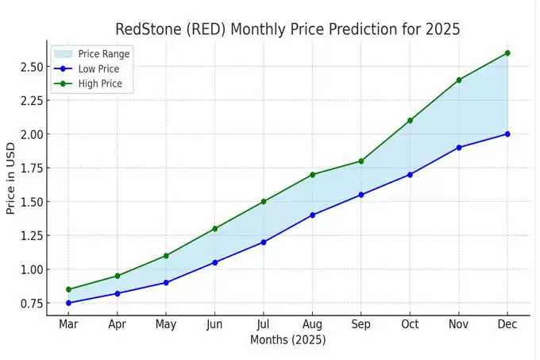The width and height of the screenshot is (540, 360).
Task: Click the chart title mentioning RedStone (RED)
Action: pyautogui.click(x=287, y=29)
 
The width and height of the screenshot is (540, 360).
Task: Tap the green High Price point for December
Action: pyautogui.click(x=507, y=53)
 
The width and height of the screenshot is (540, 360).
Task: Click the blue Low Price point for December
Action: pyautogui.click(x=507, y=134)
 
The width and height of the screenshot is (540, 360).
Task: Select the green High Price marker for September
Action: pyautogui.click(x=361, y=161)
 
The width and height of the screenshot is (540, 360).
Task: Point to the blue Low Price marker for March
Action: pyautogui.click(x=69, y=303)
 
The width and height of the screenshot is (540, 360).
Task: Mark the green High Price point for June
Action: pyautogui.click(x=215, y=229)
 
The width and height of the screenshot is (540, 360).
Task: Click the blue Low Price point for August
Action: pyautogui.click(x=312, y=215)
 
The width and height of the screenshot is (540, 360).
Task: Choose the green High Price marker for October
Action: pyautogui.click(x=410, y=120)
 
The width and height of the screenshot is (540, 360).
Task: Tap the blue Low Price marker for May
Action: pyautogui.click(x=166, y=283)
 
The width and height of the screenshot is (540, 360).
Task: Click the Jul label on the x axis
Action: pyautogui.click(x=264, y=324)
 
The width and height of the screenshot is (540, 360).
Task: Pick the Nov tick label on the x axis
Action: pyautogui.click(x=458, y=324)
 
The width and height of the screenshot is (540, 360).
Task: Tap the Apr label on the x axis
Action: pyautogui.click(x=118, y=324)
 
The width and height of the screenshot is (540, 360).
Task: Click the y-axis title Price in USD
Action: pyautogui.click(x=10, y=178)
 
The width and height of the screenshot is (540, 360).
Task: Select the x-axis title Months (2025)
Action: pyautogui.click(x=287, y=340)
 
